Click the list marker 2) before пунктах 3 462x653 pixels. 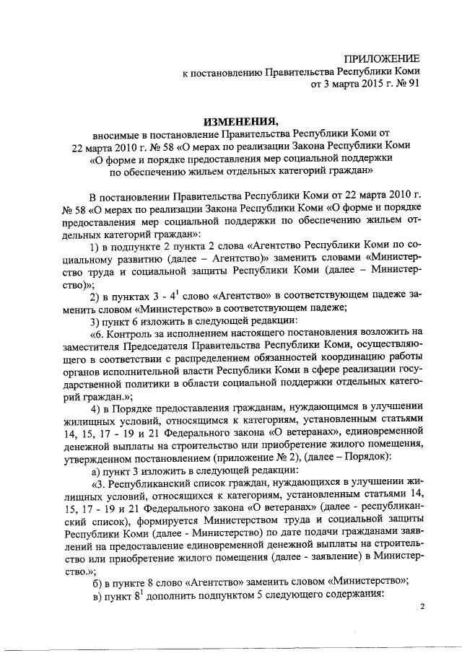pos(94,297)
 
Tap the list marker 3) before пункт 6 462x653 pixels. pos(94,322)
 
